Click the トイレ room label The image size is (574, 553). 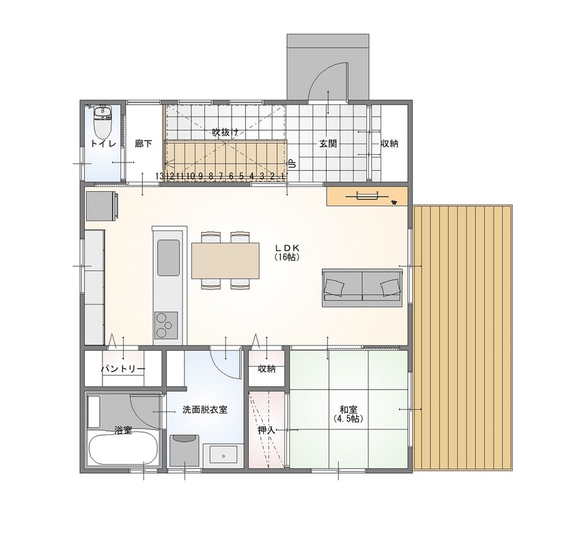(103, 143)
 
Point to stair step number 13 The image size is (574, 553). (160, 176)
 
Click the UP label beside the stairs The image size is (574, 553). (292, 164)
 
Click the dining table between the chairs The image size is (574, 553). (225, 261)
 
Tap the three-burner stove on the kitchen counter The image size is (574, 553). (165, 326)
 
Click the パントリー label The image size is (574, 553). (123, 369)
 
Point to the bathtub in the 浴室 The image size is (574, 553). (124, 451)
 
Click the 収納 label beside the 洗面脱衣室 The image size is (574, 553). (266, 369)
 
